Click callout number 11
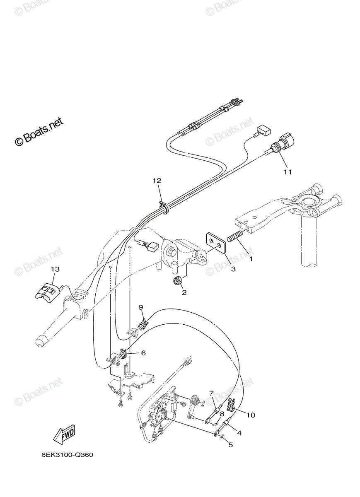coord(288,172)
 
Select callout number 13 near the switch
coord(55,269)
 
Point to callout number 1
coord(251,259)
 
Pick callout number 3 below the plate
coord(233,269)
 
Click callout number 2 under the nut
coord(184,293)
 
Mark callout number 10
coord(251,415)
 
